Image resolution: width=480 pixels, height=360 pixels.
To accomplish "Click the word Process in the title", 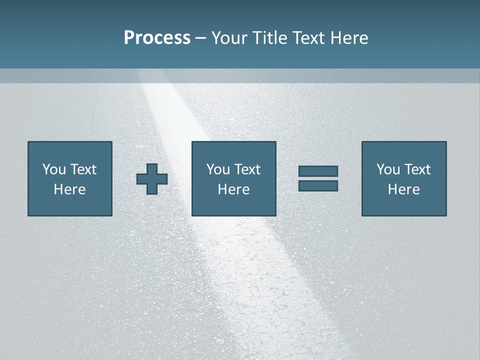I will click(157, 38).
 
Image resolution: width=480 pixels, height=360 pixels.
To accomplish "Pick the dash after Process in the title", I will click(200, 38).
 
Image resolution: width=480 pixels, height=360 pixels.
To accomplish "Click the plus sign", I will click(152, 179).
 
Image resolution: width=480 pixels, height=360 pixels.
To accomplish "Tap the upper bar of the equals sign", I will click(318, 171).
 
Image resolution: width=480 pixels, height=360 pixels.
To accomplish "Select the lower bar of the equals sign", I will click(318, 185).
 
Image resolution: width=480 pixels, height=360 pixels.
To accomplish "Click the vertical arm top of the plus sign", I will click(152, 168).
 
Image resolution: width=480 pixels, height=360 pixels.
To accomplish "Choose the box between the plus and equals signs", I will click(233, 178).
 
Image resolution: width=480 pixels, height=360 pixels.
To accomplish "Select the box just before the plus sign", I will click(69, 178).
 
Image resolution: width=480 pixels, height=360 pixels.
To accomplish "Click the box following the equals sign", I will click(403, 178).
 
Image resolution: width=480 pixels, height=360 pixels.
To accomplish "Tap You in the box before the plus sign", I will click(54, 169).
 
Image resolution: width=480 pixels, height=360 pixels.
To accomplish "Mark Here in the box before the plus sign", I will click(69, 189).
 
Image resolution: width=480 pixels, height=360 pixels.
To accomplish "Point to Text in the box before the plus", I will click(83, 169).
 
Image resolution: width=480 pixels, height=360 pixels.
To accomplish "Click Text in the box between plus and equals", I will click(247, 169).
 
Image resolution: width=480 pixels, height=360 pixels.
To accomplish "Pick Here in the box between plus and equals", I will click(233, 189).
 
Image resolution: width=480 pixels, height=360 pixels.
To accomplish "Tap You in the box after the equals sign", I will click(388, 169).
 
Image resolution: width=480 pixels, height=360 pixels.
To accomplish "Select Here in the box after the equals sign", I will click(403, 189).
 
